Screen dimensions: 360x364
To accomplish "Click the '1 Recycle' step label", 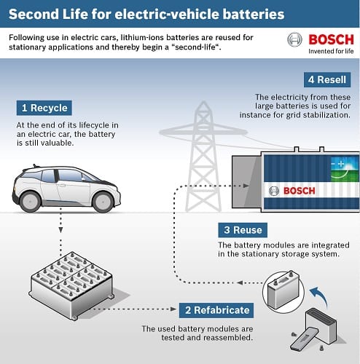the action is pos(44,108).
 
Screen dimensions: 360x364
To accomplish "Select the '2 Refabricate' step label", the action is pos(216,310).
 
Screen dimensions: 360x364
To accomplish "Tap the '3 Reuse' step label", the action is pos(243,230).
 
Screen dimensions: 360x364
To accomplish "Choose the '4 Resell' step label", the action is pos(327,79).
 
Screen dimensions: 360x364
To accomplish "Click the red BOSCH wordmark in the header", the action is pos(331,40).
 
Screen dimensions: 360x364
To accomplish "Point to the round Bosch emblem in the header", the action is pos(294,39).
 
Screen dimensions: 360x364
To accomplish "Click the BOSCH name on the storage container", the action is pos(300,191).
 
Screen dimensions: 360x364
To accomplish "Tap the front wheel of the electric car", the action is pos(103,202).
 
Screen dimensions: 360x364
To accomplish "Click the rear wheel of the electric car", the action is pos(30,202).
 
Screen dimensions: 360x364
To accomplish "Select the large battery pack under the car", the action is pos(71,285).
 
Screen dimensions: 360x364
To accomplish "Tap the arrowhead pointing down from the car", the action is pos(60,230).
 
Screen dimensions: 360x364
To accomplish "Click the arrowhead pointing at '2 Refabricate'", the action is pos(173,309).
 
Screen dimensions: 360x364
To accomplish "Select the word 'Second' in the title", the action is pos(34,14).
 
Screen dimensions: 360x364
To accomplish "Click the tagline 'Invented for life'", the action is pos(331,51).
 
